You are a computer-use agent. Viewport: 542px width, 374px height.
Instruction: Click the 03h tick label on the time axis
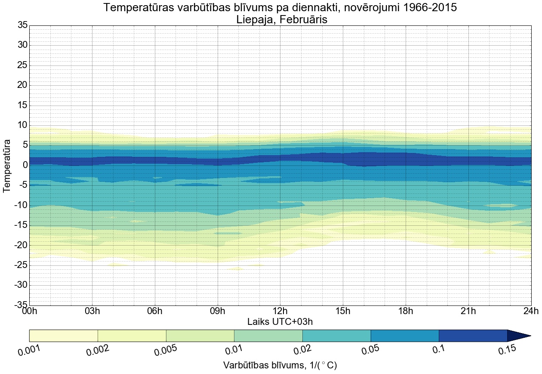(x=92, y=311)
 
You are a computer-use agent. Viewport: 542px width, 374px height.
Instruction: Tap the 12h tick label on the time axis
(x=280, y=311)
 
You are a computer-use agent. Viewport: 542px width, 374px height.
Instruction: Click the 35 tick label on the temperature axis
(x=22, y=25)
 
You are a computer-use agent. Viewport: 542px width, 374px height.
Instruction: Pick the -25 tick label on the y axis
(x=20, y=265)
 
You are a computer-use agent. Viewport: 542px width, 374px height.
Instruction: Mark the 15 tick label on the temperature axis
(x=22, y=106)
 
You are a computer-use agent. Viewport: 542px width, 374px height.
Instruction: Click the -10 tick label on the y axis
(x=20, y=206)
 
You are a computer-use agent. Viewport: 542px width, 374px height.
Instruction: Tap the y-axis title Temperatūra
(x=7, y=165)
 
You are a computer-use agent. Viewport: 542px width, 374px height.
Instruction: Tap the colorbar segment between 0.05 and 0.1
(x=405, y=336)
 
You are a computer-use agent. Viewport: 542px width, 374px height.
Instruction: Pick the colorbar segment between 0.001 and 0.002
(x=64, y=336)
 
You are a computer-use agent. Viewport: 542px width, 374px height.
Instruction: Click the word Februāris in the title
(x=303, y=19)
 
